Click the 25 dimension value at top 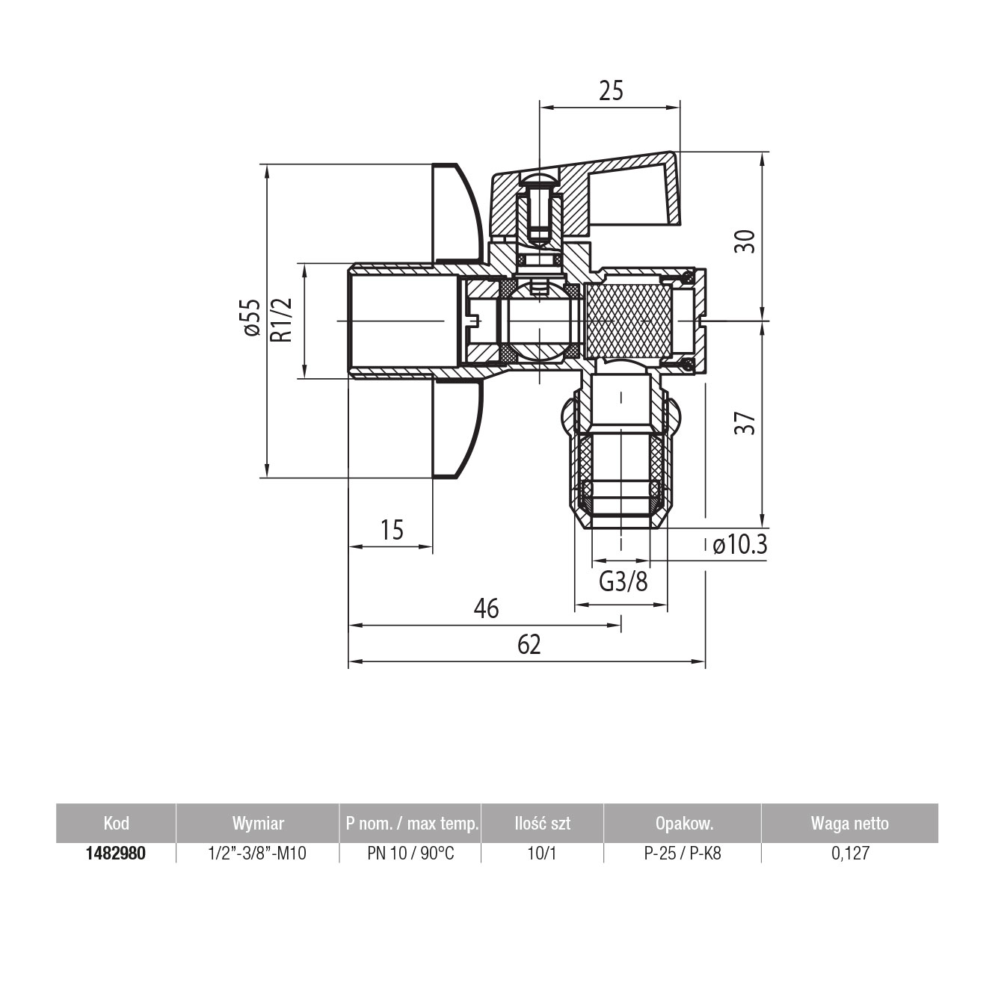[x=610, y=91]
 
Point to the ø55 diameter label [x=252, y=317]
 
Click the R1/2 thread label [x=282, y=320]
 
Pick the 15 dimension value [x=392, y=531]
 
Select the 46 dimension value [x=486, y=608]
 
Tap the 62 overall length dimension [x=529, y=645]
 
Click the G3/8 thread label [x=623, y=582]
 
